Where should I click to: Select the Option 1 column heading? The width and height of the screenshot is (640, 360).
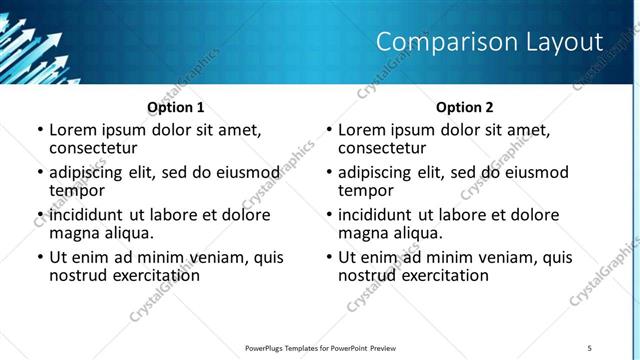(176, 106)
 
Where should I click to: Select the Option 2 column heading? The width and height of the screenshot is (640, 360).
(465, 106)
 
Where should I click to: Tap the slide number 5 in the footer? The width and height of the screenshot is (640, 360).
(589, 348)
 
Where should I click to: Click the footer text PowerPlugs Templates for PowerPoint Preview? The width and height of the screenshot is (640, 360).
(320, 348)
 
